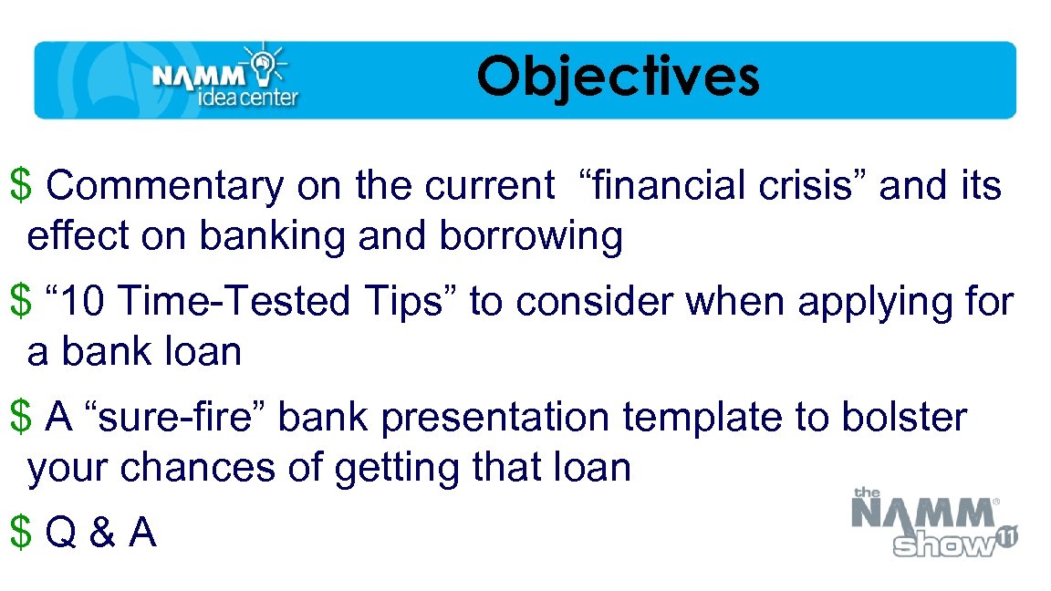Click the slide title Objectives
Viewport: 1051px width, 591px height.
pos(618,77)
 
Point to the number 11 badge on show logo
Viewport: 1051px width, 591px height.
pos(1006,537)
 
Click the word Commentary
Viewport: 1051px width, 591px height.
pos(165,186)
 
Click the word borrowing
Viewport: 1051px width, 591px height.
pos(531,236)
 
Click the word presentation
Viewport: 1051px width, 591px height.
pos(495,418)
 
